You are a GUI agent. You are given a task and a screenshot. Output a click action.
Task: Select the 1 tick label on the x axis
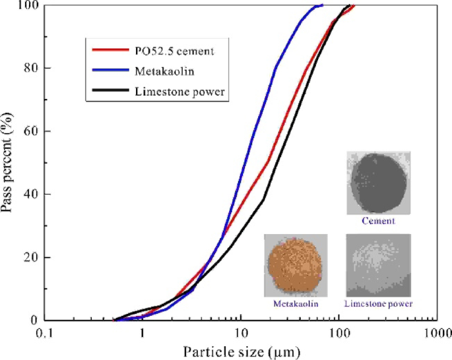143,334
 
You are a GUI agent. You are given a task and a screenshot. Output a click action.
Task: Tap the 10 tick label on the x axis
241,334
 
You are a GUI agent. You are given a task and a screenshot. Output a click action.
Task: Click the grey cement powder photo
379,183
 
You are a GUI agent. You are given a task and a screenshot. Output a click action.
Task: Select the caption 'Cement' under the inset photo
379,221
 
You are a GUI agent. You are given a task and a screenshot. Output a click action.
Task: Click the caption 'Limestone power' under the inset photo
379,304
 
